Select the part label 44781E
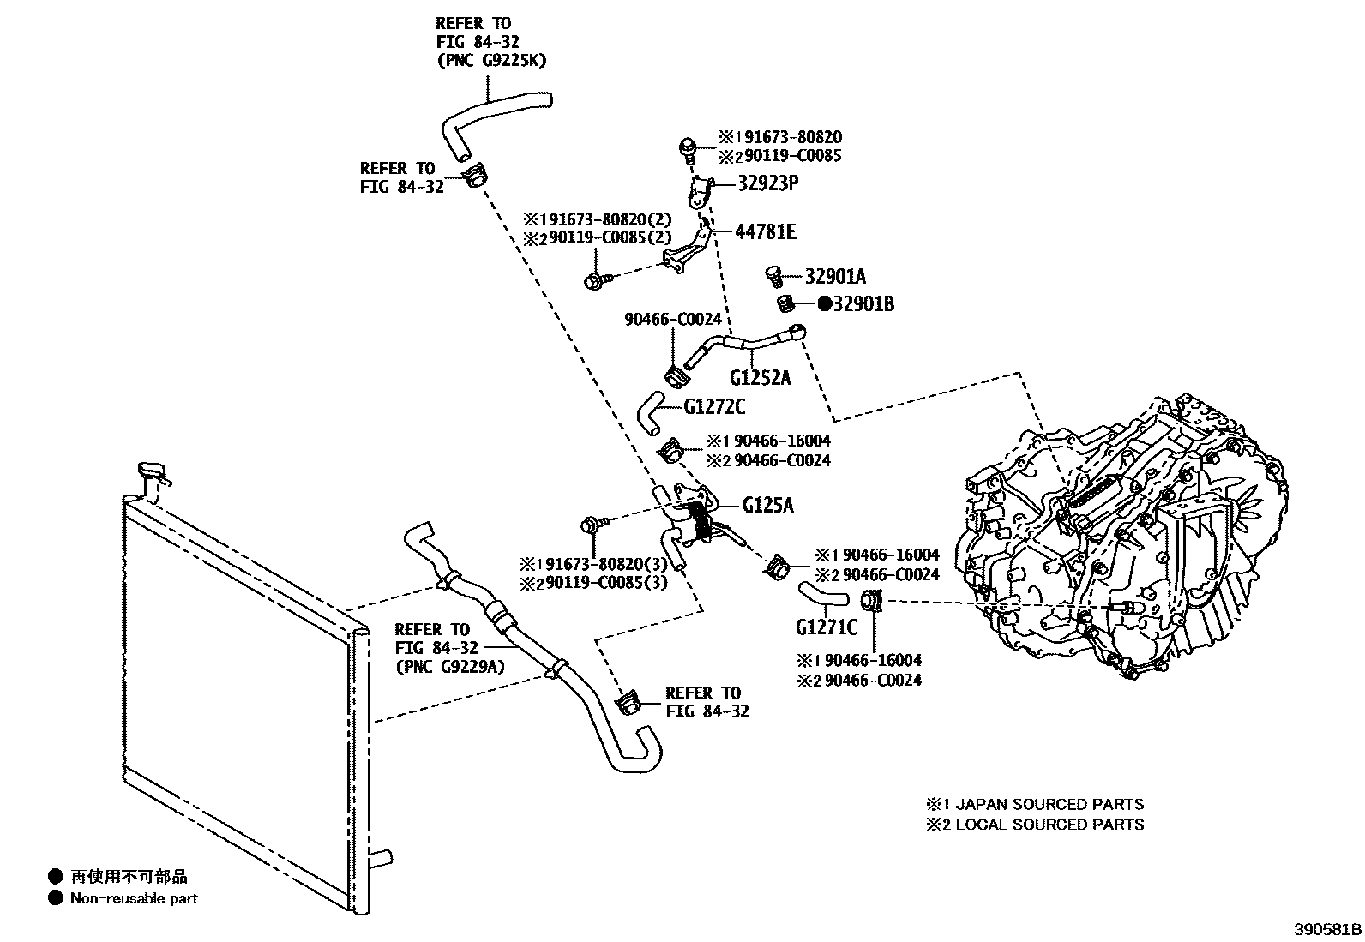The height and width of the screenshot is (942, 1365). (765, 231)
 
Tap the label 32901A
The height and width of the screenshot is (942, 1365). (835, 276)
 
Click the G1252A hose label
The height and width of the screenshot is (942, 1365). (760, 376)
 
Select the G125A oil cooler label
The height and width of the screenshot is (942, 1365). (767, 505)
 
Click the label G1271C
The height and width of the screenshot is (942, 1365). (826, 627)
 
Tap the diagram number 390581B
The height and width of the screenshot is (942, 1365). (1327, 929)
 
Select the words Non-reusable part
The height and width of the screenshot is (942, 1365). (134, 898)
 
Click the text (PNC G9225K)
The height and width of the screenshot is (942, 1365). (490, 60)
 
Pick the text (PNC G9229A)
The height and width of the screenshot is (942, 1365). (450, 666)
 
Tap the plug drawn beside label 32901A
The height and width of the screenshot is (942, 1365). (774, 276)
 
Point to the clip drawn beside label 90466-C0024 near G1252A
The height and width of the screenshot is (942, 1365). (676, 375)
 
